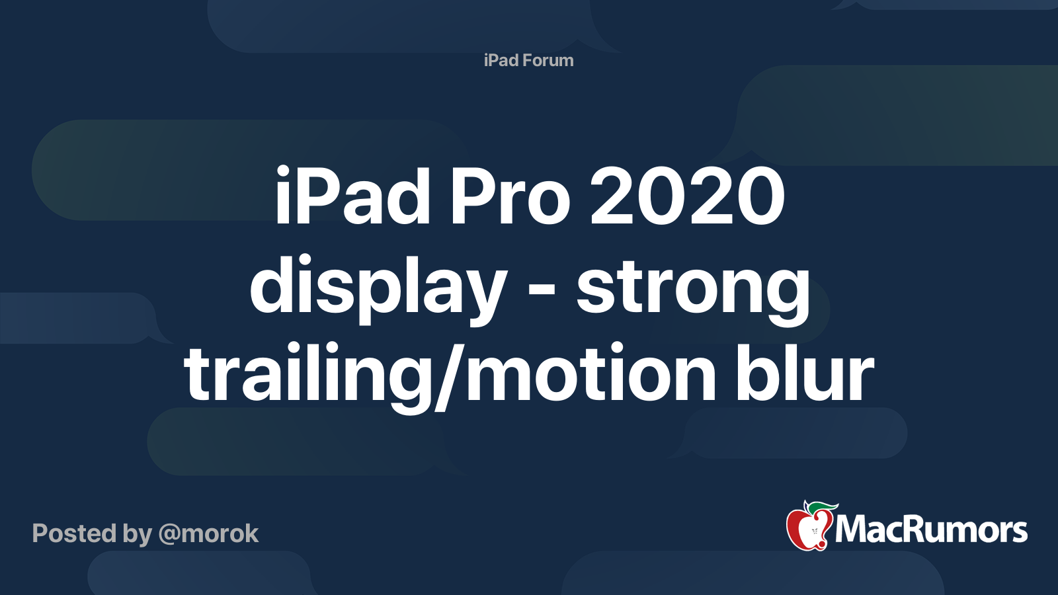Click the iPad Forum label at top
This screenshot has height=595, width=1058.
528,60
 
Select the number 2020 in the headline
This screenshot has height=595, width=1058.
687,196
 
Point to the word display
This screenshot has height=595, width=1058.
378,289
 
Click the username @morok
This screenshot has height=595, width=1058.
209,534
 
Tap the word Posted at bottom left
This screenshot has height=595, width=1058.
74,533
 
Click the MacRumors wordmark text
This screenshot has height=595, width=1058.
932,530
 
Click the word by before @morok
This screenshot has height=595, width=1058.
138,534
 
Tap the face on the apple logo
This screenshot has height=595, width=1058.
814,532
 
